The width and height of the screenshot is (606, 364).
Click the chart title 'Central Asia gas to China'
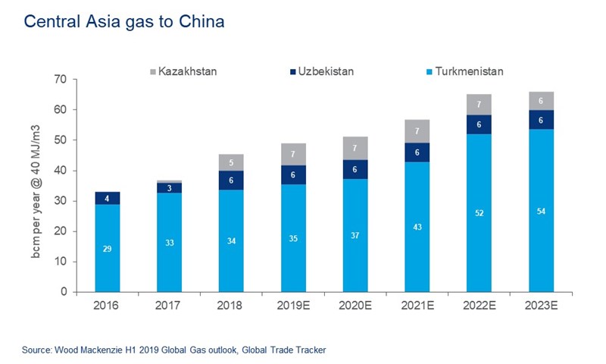point(124,22)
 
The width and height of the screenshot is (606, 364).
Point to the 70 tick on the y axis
point(61,80)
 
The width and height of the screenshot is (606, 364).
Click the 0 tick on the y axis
point(64,292)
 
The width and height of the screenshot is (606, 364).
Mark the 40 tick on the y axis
point(61,171)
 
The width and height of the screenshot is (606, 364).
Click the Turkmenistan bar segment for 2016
point(108,248)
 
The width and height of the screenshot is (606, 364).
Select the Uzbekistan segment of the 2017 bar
point(170,188)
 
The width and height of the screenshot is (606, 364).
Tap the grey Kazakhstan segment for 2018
point(232,162)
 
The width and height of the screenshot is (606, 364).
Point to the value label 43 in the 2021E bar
point(417,227)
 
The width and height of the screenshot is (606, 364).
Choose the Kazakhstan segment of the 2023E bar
point(541,101)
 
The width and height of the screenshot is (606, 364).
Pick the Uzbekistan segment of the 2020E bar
point(355,170)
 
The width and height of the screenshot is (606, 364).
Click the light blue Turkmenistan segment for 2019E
point(293,237)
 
